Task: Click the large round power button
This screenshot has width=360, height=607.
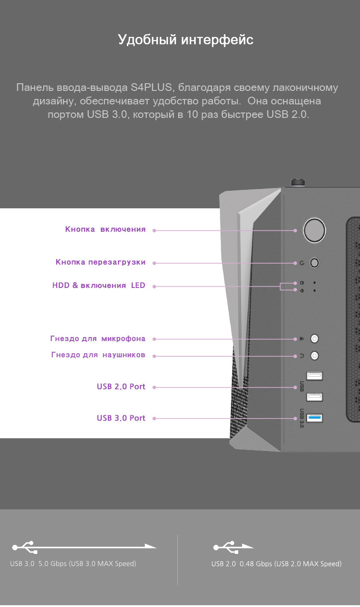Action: (x=314, y=230)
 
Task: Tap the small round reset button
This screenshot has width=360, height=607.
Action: (x=315, y=263)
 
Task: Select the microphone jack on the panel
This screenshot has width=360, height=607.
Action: (x=315, y=338)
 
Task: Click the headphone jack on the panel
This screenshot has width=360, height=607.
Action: (x=315, y=355)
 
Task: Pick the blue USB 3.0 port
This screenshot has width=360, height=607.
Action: (x=315, y=418)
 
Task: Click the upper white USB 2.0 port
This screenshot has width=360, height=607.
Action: (x=315, y=376)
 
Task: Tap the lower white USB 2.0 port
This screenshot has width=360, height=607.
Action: (x=315, y=397)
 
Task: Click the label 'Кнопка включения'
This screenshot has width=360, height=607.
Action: (x=105, y=229)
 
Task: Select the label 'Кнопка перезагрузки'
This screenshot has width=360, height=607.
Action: (x=100, y=262)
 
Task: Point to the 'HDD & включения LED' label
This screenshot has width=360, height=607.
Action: (x=99, y=285)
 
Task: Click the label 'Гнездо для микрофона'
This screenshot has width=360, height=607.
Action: (x=98, y=339)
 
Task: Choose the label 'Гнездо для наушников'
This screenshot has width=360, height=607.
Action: (x=98, y=355)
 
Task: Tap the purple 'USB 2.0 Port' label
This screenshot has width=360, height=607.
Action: (x=121, y=387)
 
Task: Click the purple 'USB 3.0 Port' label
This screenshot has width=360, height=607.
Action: (x=121, y=418)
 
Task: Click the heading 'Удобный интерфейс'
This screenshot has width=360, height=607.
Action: (x=186, y=40)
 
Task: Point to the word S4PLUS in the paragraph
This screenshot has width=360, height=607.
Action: (x=151, y=87)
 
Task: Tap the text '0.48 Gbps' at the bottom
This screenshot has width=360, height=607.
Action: (x=256, y=564)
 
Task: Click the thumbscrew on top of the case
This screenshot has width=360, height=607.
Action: (x=297, y=182)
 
